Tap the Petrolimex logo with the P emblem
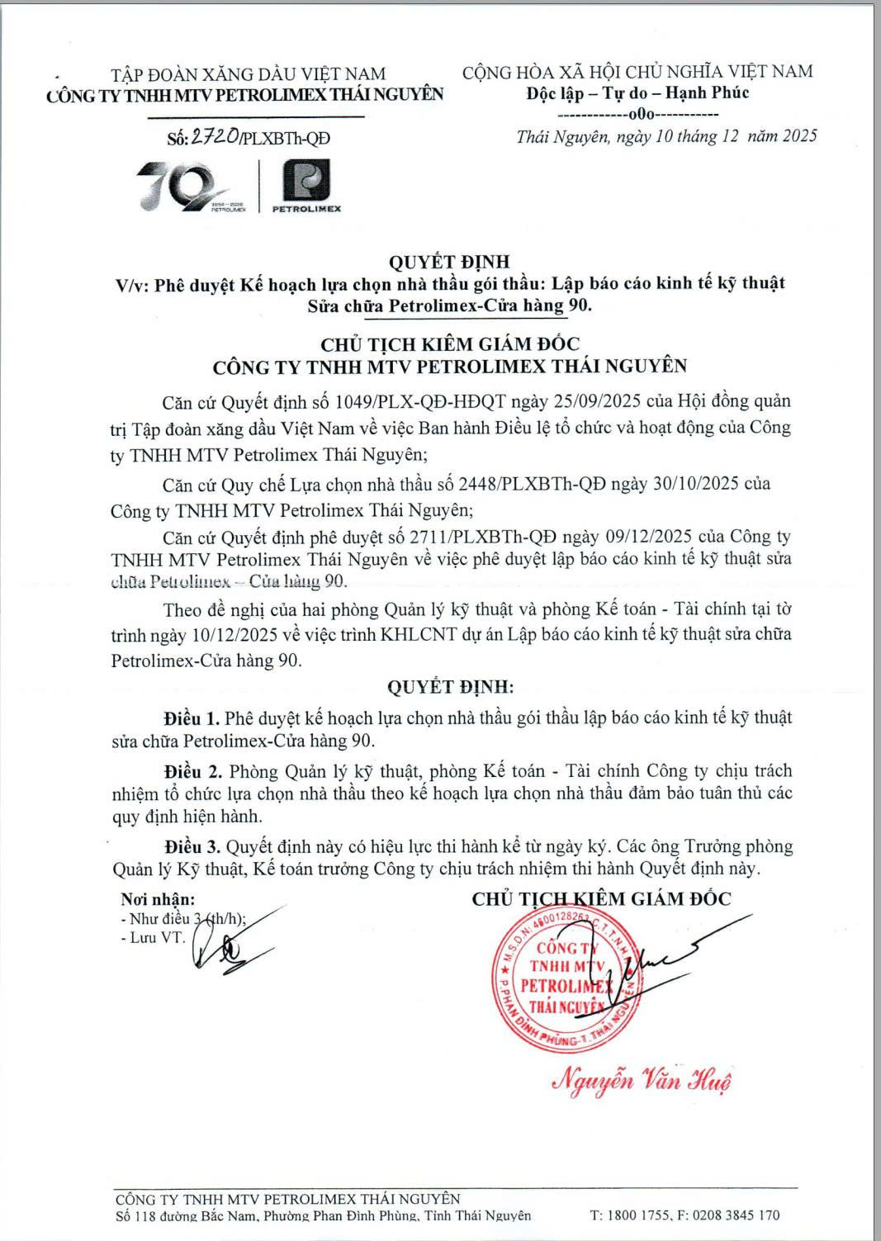(x=306, y=186)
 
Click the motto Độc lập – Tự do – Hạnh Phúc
(x=637, y=92)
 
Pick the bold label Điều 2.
(x=193, y=771)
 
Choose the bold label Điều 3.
(x=192, y=846)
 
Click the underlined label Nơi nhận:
(x=158, y=899)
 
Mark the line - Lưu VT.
(x=153, y=938)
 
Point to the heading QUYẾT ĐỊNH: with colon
(x=450, y=687)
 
